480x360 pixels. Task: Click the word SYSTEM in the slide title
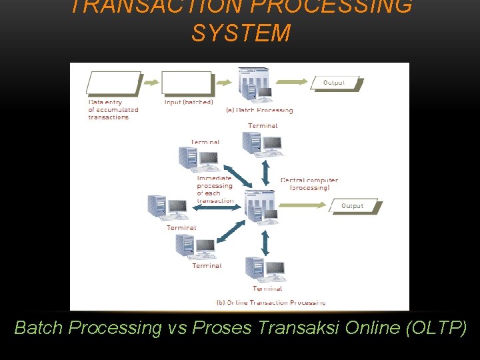(x=241, y=33)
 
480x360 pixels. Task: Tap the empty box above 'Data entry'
(x=113, y=83)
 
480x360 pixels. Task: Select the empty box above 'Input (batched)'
(x=187, y=83)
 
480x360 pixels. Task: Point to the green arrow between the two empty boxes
(x=152, y=83)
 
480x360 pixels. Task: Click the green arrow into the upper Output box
(x=293, y=83)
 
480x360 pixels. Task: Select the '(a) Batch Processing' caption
(x=260, y=110)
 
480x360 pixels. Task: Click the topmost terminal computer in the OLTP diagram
(x=261, y=143)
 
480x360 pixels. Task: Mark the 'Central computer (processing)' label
(x=309, y=184)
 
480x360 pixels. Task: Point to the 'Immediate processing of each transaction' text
(x=215, y=189)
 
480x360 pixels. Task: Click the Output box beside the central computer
(x=353, y=206)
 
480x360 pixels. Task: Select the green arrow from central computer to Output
(x=306, y=206)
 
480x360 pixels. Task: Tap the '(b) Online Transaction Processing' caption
(x=271, y=302)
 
